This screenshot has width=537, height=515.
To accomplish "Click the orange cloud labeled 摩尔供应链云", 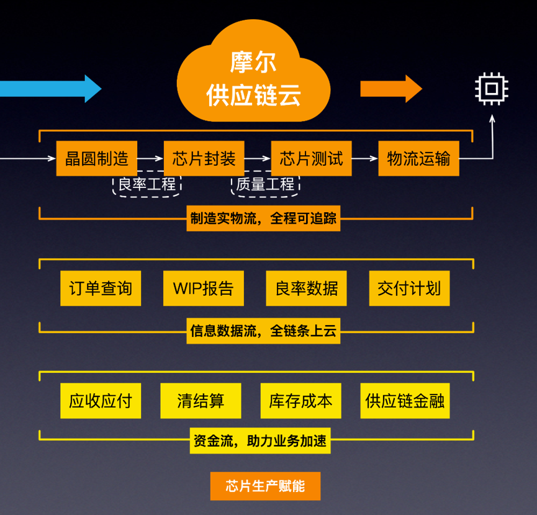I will pyautogui.click(x=255, y=78).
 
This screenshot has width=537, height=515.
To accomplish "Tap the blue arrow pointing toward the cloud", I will pyautogui.click(x=50, y=88).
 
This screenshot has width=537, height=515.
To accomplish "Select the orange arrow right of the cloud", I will pyautogui.click(x=390, y=88).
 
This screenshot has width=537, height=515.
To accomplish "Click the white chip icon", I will pyautogui.click(x=492, y=89).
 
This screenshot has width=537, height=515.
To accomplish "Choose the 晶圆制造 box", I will pyautogui.click(x=96, y=158).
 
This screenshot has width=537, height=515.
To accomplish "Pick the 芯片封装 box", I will pyautogui.click(x=204, y=158).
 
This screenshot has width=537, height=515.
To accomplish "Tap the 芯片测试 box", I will pyautogui.click(x=311, y=158).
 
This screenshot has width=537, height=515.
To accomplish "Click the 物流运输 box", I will pyautogui.click(x=418, y=158).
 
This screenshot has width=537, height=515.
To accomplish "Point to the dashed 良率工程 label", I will pyautogui.click(x=148, y=184).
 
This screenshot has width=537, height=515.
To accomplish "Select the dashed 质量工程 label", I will pyautogui.click(x=265, y=184).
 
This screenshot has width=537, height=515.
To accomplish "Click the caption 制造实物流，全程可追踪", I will pyautogui.click(x=263, y=219).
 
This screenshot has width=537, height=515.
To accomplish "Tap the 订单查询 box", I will pyautogui.click(x=101, y=288).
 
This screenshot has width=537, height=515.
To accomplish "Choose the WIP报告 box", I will pyautogui.click(x=204, y=288).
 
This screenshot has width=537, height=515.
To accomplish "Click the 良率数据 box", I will pyautogui.click(x=307, y=288).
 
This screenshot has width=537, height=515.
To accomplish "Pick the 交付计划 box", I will pyautogui.click(x=408, y=288).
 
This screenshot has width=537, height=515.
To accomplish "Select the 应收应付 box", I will pyautogui.click(x=101, y=400).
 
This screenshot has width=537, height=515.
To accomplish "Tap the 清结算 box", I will pyautogui.click(x=200, y=400).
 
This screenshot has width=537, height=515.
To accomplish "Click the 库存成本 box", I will pyautogui.click(x=300, y=400).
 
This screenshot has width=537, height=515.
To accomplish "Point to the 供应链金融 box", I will pyautogui.click(x=404, y=400).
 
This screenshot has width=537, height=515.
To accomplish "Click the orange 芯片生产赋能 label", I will pyautogui.click(x=265, y=486).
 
